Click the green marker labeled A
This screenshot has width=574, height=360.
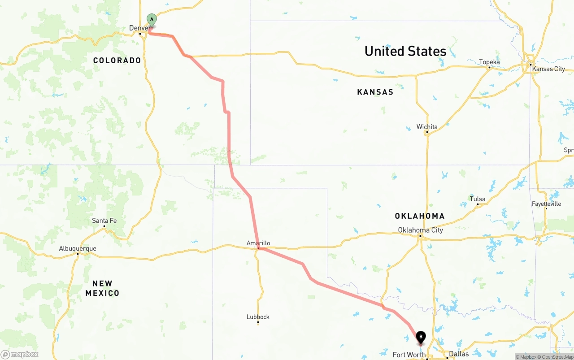point(152,19)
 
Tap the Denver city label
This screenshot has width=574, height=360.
point(139,28)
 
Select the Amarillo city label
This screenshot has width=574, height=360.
point(258,243)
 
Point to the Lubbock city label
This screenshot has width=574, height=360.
point(258,317)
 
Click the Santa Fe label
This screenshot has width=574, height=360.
point(104,220)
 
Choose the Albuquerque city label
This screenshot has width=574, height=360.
point(77,248)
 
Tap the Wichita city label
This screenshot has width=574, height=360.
point(427,127)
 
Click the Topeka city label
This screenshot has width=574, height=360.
point(489,62)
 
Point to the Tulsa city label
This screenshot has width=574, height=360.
point(478,199)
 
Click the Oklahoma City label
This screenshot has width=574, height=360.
point(420,230)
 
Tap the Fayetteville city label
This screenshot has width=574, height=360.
point(546,204)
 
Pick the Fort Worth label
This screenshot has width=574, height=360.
point(409,355)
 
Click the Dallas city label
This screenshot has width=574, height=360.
point(459,354)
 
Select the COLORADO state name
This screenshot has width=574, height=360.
point(117,60)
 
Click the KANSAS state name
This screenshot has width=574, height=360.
point(375,92)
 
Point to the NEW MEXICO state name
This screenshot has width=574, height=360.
point(102,288)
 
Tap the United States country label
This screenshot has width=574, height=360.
point(405,51)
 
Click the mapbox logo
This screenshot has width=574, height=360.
point(20,354)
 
